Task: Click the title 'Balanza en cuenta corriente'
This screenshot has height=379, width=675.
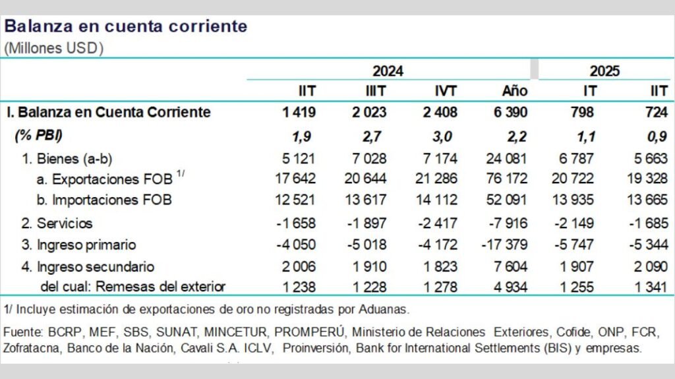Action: tap(126, 27)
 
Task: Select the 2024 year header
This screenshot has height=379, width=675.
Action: tap(388, 71)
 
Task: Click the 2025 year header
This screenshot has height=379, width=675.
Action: tap(604, 71)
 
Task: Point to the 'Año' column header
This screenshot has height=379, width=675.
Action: tap(514, 91)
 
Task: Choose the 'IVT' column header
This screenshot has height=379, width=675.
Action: tap(445, 91)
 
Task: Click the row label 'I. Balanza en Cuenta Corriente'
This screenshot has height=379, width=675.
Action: tap(108, 112)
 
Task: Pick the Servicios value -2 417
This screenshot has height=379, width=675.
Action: tap(437, 223)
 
